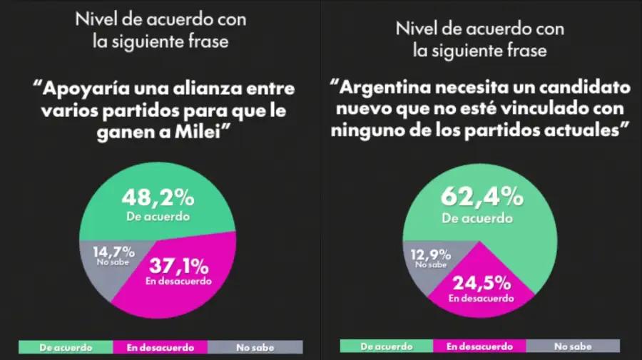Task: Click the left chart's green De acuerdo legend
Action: click(x=66, y=347)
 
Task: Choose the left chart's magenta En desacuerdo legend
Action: click(x=160, y=347)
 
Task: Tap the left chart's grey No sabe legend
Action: click(x=255, y=347)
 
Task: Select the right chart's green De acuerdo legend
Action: click(x=386, y=346)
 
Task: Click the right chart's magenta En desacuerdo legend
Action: click(x=479, y=346)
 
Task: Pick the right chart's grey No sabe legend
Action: click(x=573, y=346)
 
